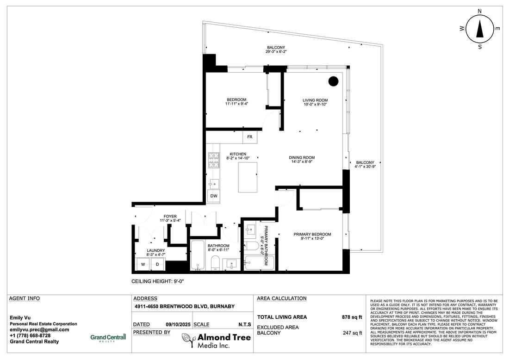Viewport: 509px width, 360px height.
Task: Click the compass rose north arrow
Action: click(480, 29)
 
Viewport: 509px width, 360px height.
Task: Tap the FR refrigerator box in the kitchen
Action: click(249, 137)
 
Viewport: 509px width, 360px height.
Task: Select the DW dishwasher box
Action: click(214, 196)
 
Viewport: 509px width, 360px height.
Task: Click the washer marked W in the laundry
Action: click(143, 264)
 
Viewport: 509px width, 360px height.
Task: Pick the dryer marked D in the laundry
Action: click(157, 264)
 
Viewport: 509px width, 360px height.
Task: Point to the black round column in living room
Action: click(333, 81)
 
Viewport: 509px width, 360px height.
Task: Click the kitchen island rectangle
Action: click(248, 177)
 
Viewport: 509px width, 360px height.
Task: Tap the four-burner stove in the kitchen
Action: click(214, 160)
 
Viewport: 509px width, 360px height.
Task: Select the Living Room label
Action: click(315, 100)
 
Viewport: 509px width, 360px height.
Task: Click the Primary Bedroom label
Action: click(312, 235)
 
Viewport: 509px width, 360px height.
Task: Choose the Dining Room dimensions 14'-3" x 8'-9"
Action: click(302, 161)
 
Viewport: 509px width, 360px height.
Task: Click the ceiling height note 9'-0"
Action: click(158, 281)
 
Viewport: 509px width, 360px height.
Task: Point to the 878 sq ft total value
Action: click(352, 317)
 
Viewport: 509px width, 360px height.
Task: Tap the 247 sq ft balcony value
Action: click(353, 333)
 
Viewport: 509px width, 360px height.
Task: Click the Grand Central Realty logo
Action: click(108, 338)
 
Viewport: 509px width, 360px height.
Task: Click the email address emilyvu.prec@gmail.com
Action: click(39, 329)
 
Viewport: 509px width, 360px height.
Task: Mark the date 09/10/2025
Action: click(176, 324)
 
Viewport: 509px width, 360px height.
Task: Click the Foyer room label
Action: click(170, 216)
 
